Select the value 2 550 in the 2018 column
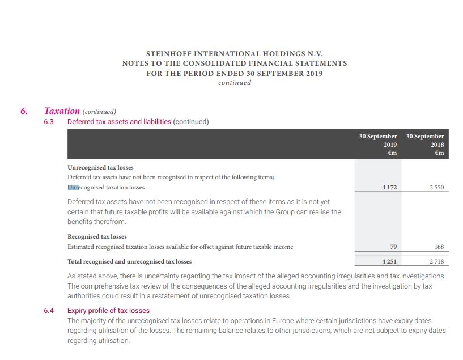(436, 187)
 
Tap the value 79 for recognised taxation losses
(392, 247)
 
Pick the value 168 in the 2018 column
(439, 247)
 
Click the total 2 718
(436, 261)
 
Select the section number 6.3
(48, 122)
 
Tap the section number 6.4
(48, 311)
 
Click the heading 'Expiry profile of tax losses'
(108, 311)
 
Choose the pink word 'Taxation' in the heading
(62, 111)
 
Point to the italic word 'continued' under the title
(234, 83)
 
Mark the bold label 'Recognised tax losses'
(97, 236)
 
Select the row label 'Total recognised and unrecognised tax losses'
(129, 261)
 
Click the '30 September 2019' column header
(378, 144)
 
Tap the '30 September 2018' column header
(425, 144)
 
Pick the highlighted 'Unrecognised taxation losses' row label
(106, 187)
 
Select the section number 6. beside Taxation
(24, 111)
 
